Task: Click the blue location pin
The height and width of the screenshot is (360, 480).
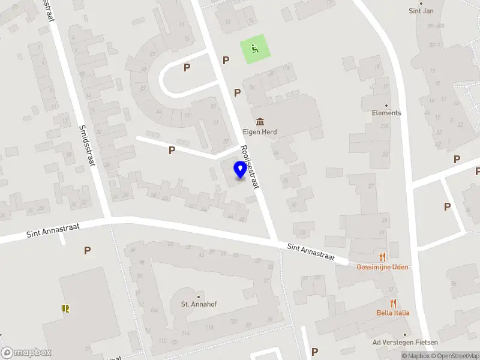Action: click(240, 170)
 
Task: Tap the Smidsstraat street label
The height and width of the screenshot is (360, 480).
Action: click(87, 146)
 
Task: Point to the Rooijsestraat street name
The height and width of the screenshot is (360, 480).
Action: click(249, 167)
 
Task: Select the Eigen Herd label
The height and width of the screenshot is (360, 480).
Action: click(260, 132)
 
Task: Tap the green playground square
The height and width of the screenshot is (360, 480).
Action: click(255, 50)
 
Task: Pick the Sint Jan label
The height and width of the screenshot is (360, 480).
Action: click(421, 11)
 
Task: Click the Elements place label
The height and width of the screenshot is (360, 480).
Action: click(386, 113)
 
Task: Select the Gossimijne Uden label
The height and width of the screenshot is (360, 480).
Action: click(383, 266)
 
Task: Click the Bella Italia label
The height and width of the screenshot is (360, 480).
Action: click(393, 313)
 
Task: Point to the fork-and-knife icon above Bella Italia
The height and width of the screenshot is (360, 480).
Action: click(393, 303)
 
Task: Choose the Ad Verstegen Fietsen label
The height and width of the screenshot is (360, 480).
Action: click(405, 343)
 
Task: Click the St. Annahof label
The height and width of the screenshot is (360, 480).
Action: click(199, 304)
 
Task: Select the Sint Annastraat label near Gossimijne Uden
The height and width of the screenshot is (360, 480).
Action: click(310, 252)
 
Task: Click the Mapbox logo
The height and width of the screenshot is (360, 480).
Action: click(26, 352)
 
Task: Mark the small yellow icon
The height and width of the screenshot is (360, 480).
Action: click(65, 308)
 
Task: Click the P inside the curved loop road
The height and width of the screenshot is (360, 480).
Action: click(187, 68)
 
